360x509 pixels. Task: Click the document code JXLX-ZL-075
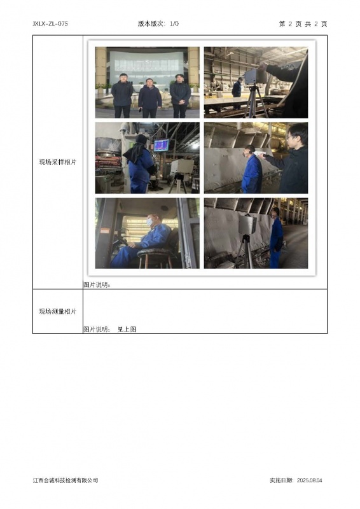pyautogui.click(x=50, y=24)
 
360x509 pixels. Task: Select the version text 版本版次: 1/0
pyautogui.click(x=158, y=24)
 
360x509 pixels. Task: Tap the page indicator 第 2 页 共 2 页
pyautogui.click(x=303, y=24)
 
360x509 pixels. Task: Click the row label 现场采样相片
pyautogui.click(x=58, y=162)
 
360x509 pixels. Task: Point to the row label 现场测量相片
pyautogui.click(x=58, y=311)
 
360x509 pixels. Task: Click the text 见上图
pyautogui.click(x=127, y=329)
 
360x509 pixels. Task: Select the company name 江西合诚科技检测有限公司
pyautogui.click(x=66, y=480)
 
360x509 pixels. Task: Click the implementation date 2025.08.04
pyautogui.click(x=309, y=480)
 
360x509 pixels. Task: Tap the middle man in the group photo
pyautogui.click(x=149, y=98)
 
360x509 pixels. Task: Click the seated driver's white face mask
pyautogui.click(x=149, y=222)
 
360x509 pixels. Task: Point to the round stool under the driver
pyautogui.click(x=155, y=258)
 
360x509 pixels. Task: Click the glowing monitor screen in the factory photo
pyautogui.click(x=162, y=146)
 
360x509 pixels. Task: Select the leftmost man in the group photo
pyautogui.click(x=122, y=95)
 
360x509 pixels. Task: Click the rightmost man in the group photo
pyautogui.click(x=180, y=96)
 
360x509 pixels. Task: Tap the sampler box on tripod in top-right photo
pyautogui.click(x=255, y=76)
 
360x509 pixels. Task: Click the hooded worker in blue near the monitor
pyautogui.click(x=140, y=164)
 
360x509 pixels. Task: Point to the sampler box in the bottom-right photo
pyautogui.click(x=247, y=225)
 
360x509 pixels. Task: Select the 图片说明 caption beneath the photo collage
pyautogui.click(x=97, y=284)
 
